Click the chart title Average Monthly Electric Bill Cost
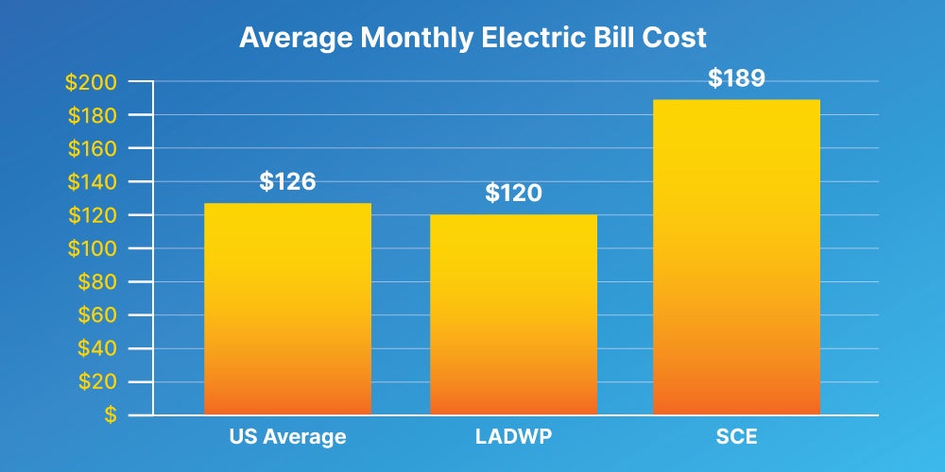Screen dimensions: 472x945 click(x=472, y=39)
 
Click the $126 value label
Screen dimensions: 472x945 click(x=287, y=181)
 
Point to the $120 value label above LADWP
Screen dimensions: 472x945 click(x=513, y=194)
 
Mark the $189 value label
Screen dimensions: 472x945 click(x=737, y=78)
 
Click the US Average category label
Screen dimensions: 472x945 click(x=287, y=437)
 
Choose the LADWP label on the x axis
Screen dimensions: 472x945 click(x=513, y=437)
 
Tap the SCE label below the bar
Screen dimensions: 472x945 click(x=737, y=437)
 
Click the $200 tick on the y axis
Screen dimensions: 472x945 click(x=91, y=82)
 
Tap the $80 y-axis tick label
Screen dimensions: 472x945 click(x=96, y=281)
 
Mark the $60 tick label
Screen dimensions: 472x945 click(x=96, y=314)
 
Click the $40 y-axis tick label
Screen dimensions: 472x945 click(x=96, y=348)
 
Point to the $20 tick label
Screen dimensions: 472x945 click(x=96, y=381)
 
